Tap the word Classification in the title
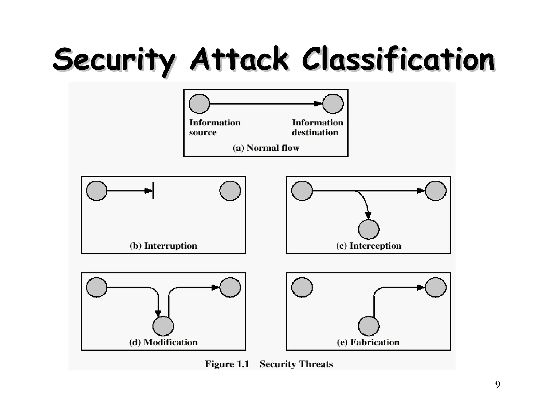pos(398,59)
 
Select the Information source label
pos(214,127)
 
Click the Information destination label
pos(317,127)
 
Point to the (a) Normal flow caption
pos(266,148)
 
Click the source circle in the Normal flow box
pos(199,104)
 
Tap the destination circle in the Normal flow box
pos(333,104)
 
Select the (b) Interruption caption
pos(163,246)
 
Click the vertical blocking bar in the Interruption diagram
pos(153,191)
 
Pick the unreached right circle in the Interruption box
pos(230,191)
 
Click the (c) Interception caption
pos(369,246)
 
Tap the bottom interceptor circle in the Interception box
pos(368,229)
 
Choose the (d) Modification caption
pos(163,342)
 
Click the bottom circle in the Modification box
pos(163,326)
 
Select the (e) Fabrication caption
pos(368,342)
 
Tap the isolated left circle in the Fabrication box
pos(302,287)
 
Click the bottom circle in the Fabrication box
pos(368,326)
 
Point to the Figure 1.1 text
pos(227,364)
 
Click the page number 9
pos(498,385)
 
